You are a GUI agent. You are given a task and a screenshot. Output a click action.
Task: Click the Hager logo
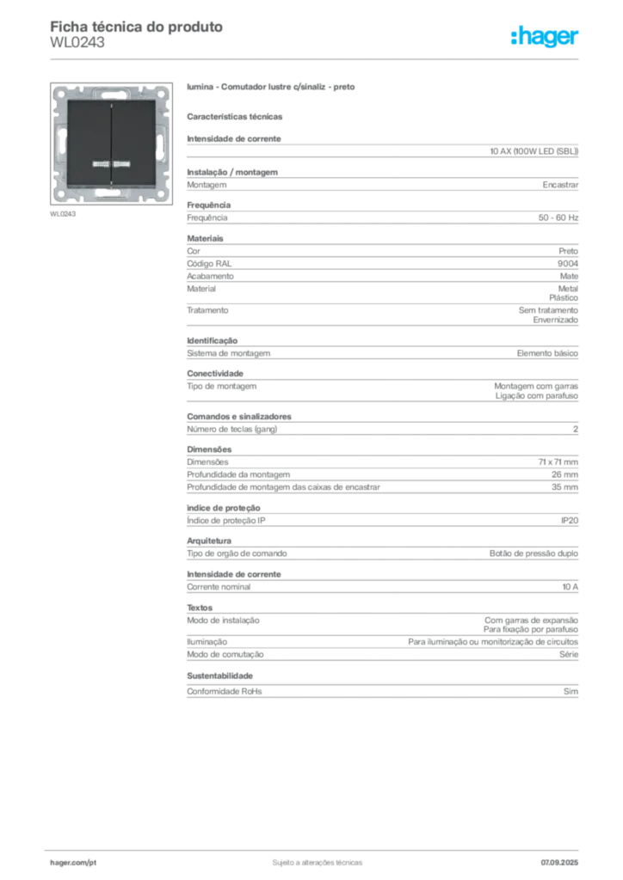pyautogui.click(x=545, y=36)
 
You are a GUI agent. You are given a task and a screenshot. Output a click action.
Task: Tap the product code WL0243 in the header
pyautogui.click(x=77, y=43)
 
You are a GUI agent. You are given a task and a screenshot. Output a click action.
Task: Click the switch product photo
pyautogui.click(x=111, y=144)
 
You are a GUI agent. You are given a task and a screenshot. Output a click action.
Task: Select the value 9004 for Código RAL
pyautogui.click(x=567, y=263)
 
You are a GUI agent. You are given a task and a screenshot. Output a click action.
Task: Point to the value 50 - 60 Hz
pyautogui.click(x=558, y=217)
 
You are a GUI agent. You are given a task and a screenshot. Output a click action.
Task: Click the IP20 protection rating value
pyautogui.click(x=569, y=520)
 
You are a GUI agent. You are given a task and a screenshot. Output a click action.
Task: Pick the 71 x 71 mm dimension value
pyautogui.click(x=558, y=461)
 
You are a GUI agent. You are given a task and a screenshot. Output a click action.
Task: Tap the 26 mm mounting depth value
pyautogui.click(x=564, y=474)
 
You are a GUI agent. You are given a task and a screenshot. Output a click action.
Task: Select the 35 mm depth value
pyautogui.click(x=564, y=487)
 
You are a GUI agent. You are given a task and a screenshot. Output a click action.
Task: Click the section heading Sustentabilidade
pyautogui.click(x=219, y=675)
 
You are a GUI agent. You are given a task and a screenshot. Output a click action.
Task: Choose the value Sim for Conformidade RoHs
pyautogui.click(x=571, y=692)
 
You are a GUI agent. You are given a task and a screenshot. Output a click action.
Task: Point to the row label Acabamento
pyautogui.click(x=210, y=276)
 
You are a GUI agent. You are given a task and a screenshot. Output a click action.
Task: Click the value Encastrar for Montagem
pyautogui.click(x=560, y=185)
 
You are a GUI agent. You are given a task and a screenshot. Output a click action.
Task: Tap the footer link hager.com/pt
pyautogui.click(x=73, y=863)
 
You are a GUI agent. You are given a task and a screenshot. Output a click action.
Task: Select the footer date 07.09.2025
pyautogui.click(x=559, y=863)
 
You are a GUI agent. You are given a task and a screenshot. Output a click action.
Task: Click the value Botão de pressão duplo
pyautogui.click(x=534, y=553)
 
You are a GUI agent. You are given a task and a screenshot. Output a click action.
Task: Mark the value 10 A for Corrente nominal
pyautogui.click(x=571, y=586)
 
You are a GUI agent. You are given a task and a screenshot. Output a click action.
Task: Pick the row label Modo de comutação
pyautogui.click(x=225, y=654)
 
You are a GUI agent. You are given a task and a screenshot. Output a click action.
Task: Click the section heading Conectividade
pyautogui.click(x=215, y=373)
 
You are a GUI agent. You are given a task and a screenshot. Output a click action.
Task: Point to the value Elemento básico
pyautogui.click(x=547, y=353)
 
